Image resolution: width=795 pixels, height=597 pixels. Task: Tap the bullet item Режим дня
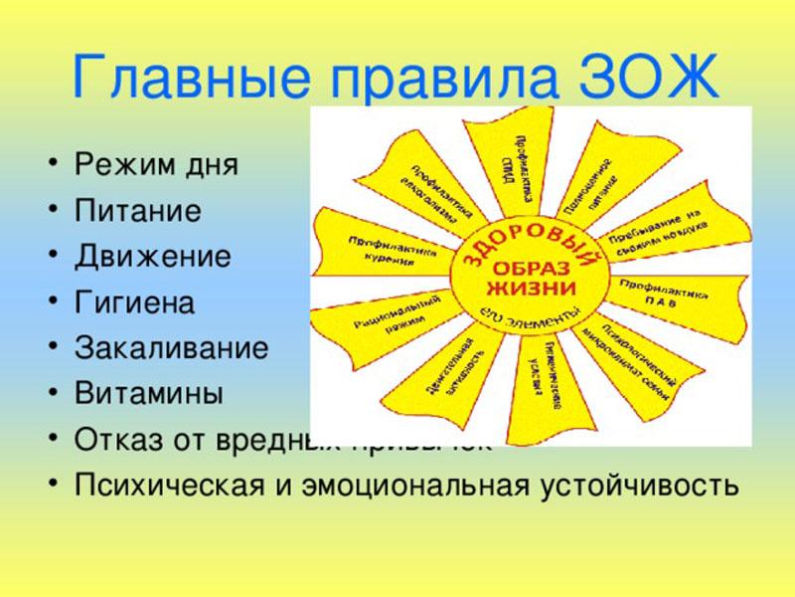tap(156, 165)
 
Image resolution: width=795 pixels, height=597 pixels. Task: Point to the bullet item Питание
tap(138, 211)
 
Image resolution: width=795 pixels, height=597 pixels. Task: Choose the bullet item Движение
tap(153, 257)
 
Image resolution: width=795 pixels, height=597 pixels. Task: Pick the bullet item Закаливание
tap(171, 348)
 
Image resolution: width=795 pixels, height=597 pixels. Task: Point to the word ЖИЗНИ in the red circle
tap(530, 290)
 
